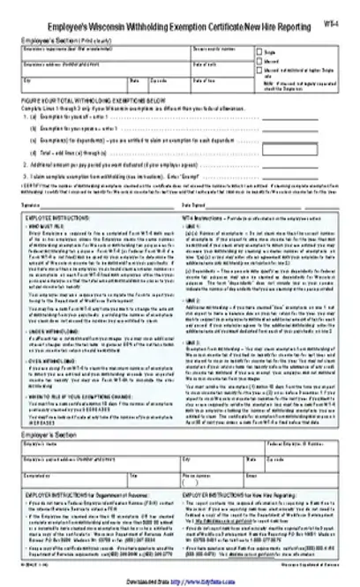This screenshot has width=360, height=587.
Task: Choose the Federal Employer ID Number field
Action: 313,477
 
